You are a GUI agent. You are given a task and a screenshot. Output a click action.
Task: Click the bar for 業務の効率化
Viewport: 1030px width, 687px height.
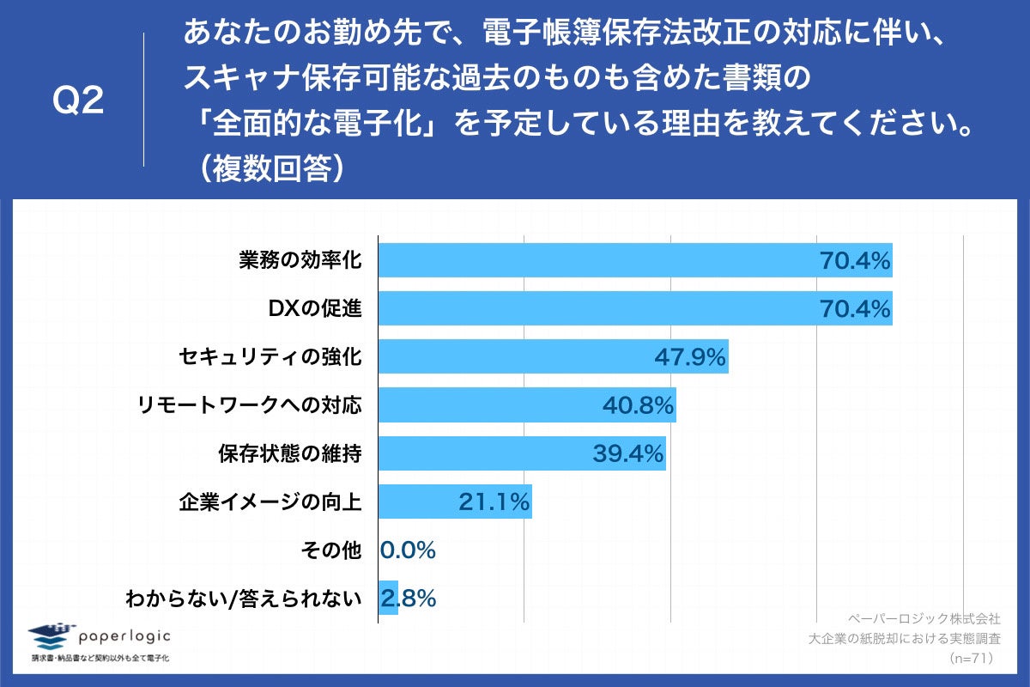pyautogui.click(x=635, y=259)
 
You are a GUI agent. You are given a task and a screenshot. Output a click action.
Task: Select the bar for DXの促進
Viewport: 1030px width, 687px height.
pyautogui.click(x=635, y=308)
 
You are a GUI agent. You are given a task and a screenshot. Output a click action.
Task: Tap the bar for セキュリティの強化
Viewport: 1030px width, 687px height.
pyautogui.click(x=553, y=356)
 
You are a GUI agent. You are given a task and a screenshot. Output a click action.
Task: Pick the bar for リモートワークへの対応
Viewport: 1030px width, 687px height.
pyautogui.click(x=527, y=405)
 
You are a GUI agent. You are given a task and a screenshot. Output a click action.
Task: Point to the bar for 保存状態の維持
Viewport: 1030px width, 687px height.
pyautogui.click(x=522, y=453)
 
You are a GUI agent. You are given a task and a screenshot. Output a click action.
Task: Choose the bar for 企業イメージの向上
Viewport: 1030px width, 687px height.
pyautogui.click(x=455, y=502)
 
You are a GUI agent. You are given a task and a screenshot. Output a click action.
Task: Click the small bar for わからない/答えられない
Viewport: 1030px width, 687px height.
pyautogui.click(x=388, y=599)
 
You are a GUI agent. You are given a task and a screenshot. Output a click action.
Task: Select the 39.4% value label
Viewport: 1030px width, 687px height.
pyautogui.click(x=627, y=453)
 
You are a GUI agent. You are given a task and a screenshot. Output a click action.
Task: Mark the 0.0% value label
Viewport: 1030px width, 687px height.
pyautogui.click(x=409, y=550)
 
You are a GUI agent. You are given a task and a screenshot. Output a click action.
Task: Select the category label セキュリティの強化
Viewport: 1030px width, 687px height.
pyautogui.click(x=270, y=356)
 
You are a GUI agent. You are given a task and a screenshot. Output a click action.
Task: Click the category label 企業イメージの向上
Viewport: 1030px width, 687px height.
pyautogui.click(x=270, y=502)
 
